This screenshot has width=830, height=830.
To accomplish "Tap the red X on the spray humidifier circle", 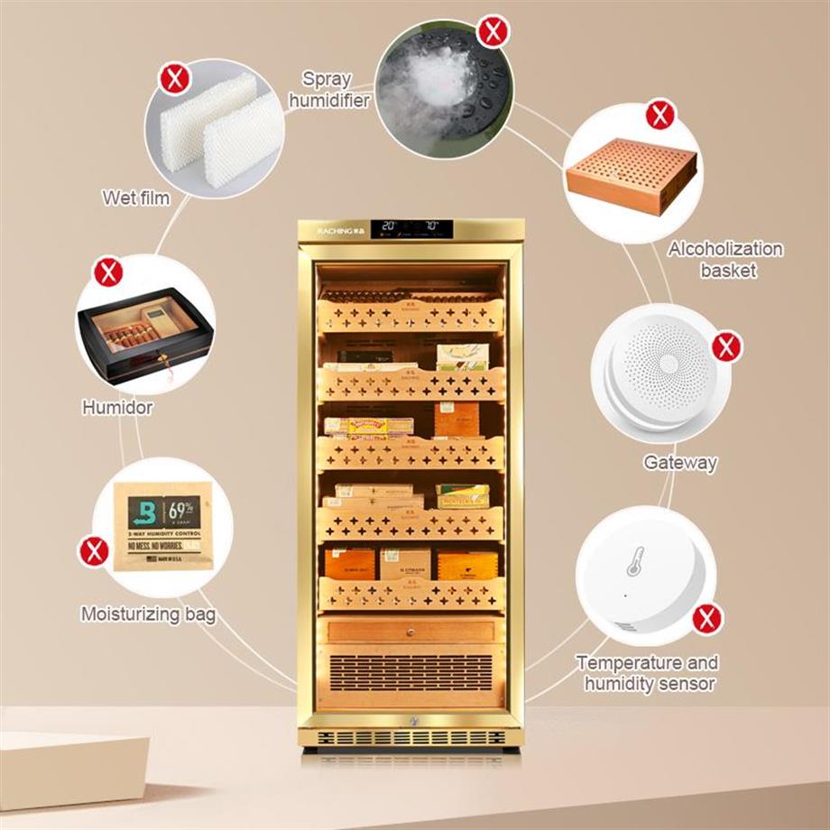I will click(x=493, y=33).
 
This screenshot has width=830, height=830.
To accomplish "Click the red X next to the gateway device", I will click(x=726, y=346).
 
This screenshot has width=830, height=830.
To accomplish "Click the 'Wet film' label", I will click(x=136, y=198).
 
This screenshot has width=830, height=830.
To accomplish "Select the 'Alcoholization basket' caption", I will click(x=724, y=258).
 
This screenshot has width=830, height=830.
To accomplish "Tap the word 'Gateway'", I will click(x=680, y=463).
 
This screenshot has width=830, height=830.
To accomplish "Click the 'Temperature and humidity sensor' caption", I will click(x=647, y=673).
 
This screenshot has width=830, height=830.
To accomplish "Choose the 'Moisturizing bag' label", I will click(x=149, y=615).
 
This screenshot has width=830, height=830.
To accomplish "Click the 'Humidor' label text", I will click(x=118, y=408).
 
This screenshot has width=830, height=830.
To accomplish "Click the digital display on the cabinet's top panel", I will click(x=410, y=226).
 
